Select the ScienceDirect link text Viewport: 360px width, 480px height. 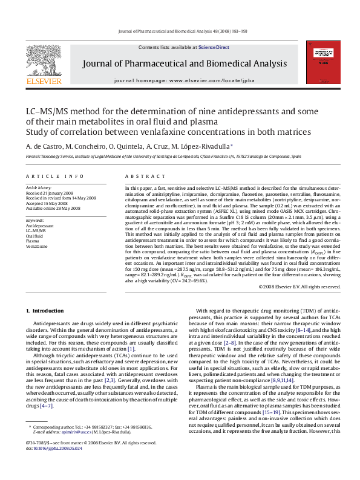(x=214, y=47)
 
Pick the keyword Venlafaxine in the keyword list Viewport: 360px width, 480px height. (x=36, y=247)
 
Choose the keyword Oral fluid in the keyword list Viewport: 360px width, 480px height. (x=34, y=236)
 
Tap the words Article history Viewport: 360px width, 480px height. (x=38, y=188)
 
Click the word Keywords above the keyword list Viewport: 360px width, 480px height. (x=34, y=220)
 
